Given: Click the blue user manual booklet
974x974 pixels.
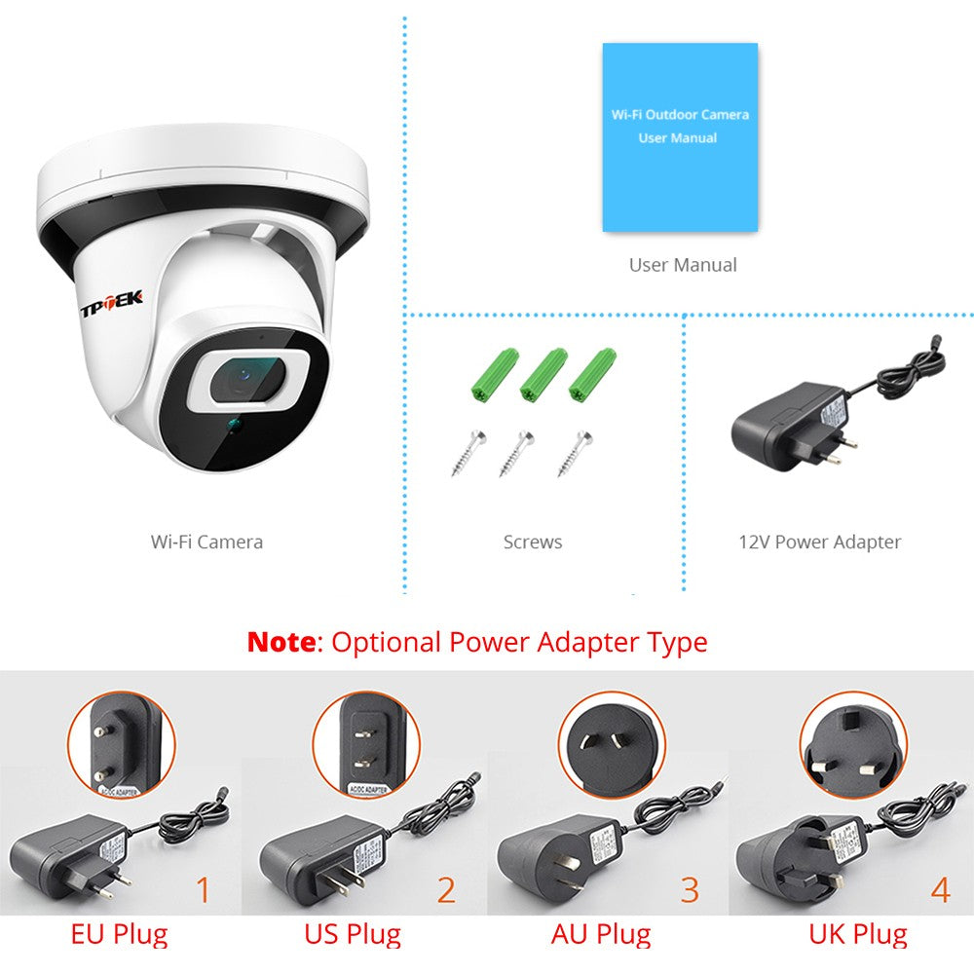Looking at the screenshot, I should pos(679,137).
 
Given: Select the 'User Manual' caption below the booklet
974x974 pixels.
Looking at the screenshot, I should pos(682,264).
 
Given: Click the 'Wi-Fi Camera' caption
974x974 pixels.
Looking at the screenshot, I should pos(206,542).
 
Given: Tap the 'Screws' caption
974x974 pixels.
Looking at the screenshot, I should pos(532,542).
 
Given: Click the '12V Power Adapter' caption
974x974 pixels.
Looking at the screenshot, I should pos(819,542).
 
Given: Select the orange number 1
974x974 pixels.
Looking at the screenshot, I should pos(204,890).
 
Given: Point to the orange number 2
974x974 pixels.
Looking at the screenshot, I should pos(446,890).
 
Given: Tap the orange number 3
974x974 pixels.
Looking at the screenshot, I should pos(691,890).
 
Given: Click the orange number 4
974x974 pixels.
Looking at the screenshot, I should pos(939,890).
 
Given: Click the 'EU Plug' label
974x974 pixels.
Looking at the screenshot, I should pos(119,935).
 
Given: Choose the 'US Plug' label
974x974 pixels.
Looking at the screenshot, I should pos(352,935).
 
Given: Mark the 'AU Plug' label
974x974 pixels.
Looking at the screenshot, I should pos(600,935).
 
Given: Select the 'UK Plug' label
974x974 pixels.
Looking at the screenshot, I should pos(857,935).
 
